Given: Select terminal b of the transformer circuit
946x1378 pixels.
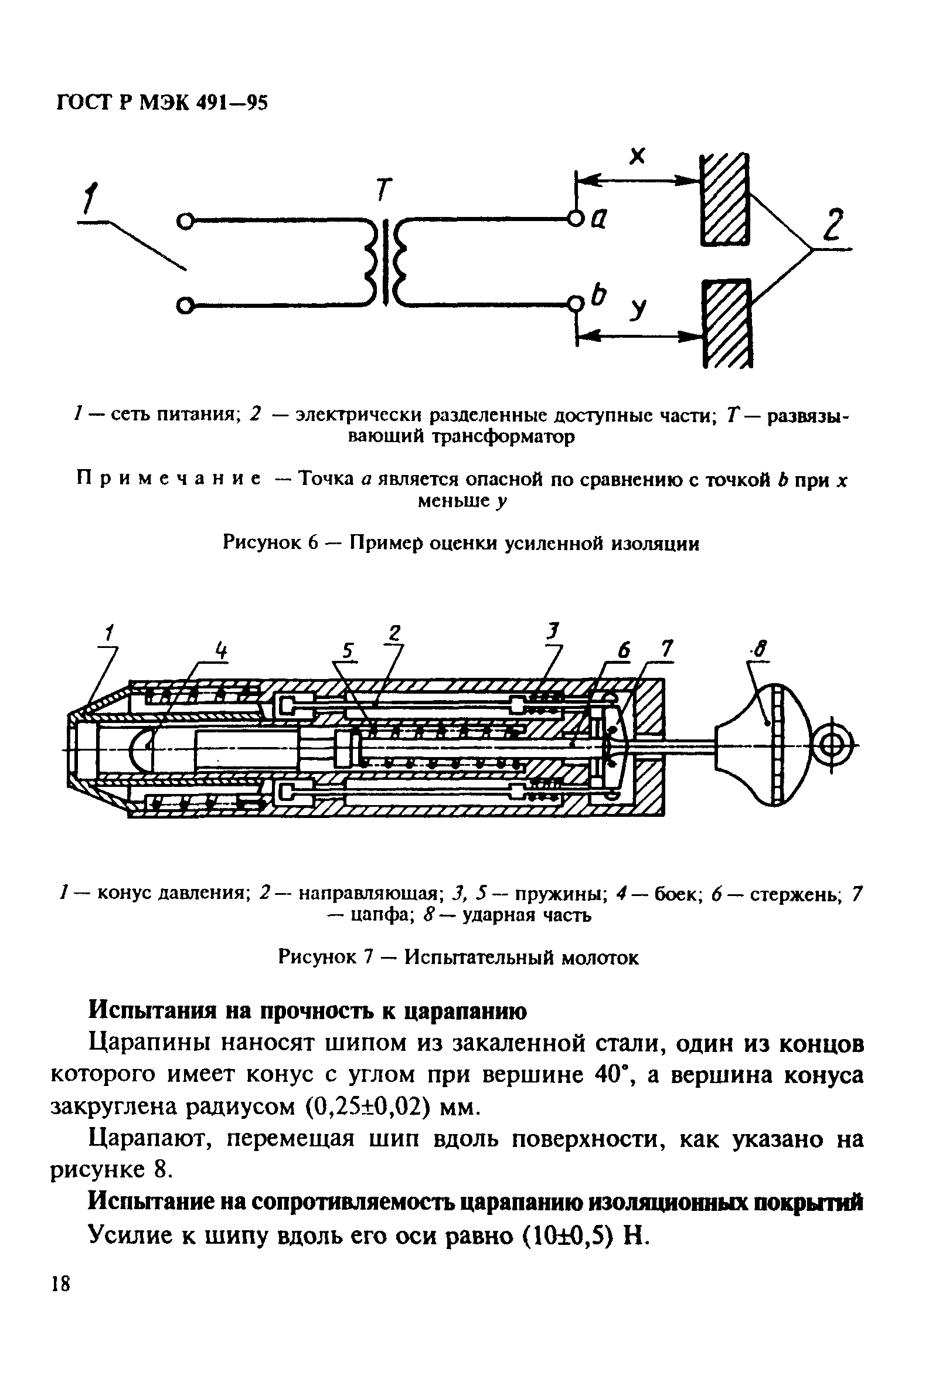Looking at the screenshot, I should coord(575,305).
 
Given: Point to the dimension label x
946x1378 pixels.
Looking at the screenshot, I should coord(637,156).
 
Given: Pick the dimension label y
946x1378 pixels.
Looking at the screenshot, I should coord(638,308).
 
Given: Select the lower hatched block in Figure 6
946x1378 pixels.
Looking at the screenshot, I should coord(727,323).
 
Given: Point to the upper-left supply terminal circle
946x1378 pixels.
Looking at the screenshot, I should coord(186,222).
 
